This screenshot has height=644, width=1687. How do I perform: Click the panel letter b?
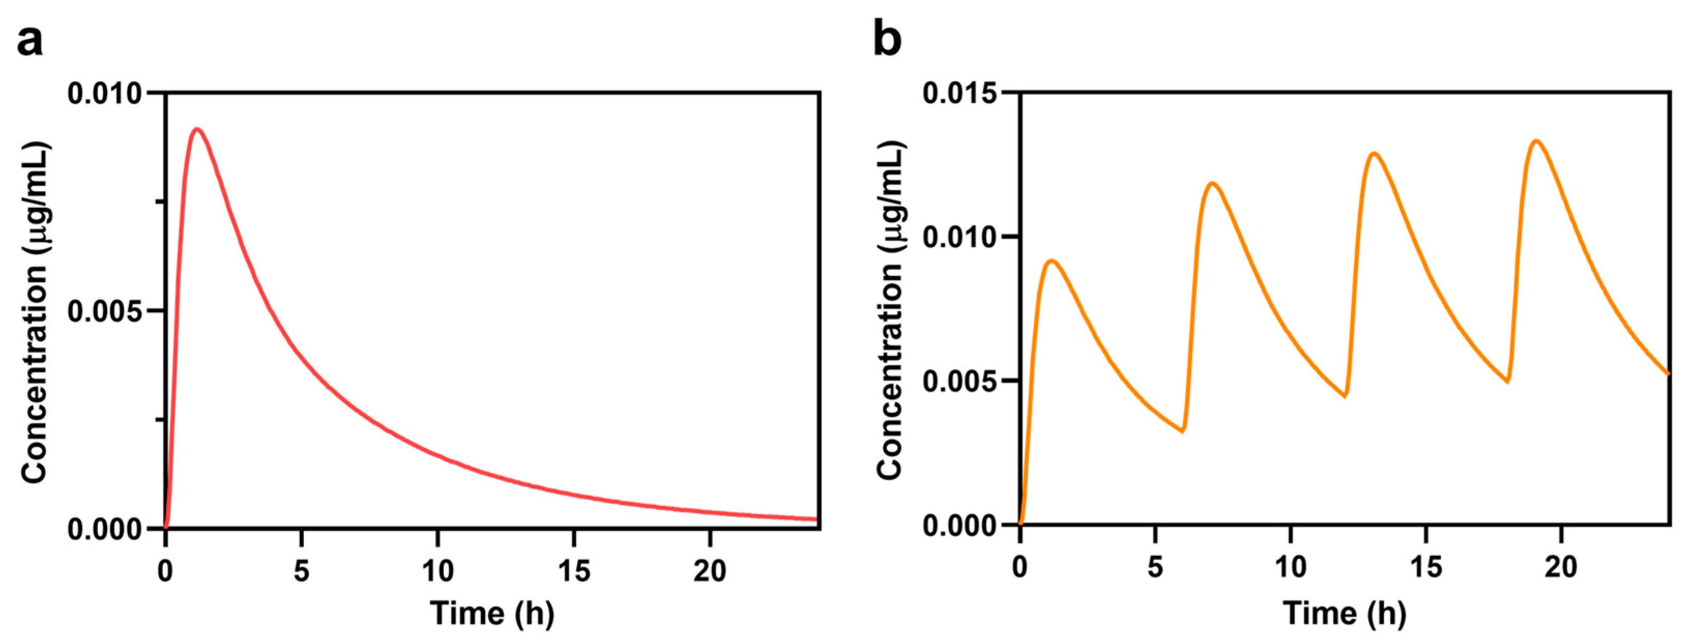[887, 40]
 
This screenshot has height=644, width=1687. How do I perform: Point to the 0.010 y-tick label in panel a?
[105, 94]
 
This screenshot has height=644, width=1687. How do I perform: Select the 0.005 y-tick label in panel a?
[105, 311]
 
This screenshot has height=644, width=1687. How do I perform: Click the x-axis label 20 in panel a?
[710, 572]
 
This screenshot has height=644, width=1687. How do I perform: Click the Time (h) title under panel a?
[492, 614]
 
